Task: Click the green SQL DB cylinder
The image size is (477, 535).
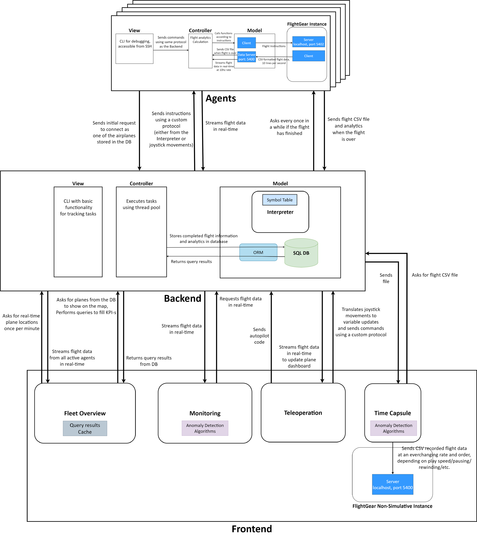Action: [301, 253]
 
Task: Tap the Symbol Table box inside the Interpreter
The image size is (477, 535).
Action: [280, 200]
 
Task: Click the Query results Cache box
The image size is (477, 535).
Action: [85, 428]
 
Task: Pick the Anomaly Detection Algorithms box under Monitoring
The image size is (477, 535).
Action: [205, 428]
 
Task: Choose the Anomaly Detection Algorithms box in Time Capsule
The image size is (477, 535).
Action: [393, 428]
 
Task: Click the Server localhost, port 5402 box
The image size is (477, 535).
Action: [309, 42]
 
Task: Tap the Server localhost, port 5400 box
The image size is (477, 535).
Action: [393, 484]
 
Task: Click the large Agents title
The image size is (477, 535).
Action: [221, 98]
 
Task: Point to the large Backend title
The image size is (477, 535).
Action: [183, 299]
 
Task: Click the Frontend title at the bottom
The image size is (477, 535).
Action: [252, 529]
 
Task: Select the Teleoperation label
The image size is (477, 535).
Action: [303, 413]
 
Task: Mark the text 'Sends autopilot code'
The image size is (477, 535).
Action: [259, 336]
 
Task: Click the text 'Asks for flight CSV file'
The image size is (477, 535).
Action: [435, 275]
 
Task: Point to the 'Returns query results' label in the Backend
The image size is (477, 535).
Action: [191, 262]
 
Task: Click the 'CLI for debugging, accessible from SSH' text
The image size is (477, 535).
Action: [135, 44]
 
